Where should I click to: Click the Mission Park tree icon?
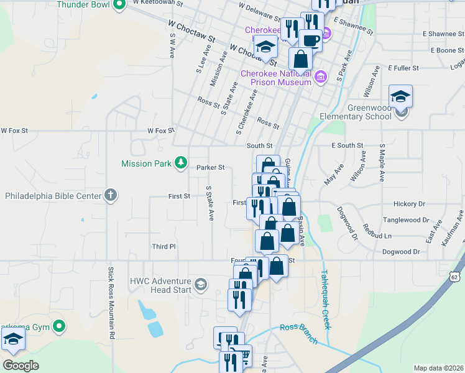point(181,163)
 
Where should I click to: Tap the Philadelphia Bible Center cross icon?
point(111,195)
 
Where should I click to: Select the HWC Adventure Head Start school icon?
point(201,285)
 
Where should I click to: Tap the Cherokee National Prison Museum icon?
point(321,77)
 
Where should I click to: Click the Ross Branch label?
point(299,334)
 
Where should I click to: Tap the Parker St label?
point(210,167)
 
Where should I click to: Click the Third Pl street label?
point(164,247)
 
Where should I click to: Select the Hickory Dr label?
point(409,203)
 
